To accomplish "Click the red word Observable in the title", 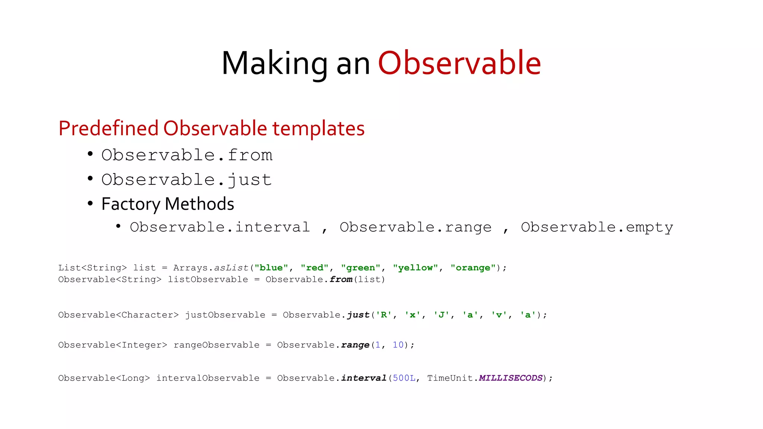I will point(459,63).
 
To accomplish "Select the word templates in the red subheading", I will point(318,128).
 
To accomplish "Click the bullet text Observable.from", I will point(187,155).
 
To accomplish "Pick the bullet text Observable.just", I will point(186,180).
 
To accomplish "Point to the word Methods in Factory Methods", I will point(199,204).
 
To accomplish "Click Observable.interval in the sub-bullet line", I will point(220,227).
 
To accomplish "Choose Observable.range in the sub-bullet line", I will point(415,227).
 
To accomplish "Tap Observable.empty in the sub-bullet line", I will point(597,227).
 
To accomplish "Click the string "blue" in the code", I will point(271,268).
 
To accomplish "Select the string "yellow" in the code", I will point(415,268).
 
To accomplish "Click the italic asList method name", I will point(231,268).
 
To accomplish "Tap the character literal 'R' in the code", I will point(383,315).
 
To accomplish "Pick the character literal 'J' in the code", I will point(441,315).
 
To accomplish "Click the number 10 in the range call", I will point(398,345).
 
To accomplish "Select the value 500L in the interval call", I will point(404,378).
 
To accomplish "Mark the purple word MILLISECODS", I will point(510,378).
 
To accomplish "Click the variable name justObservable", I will point(225,315).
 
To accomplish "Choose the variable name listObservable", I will point(208,280).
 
